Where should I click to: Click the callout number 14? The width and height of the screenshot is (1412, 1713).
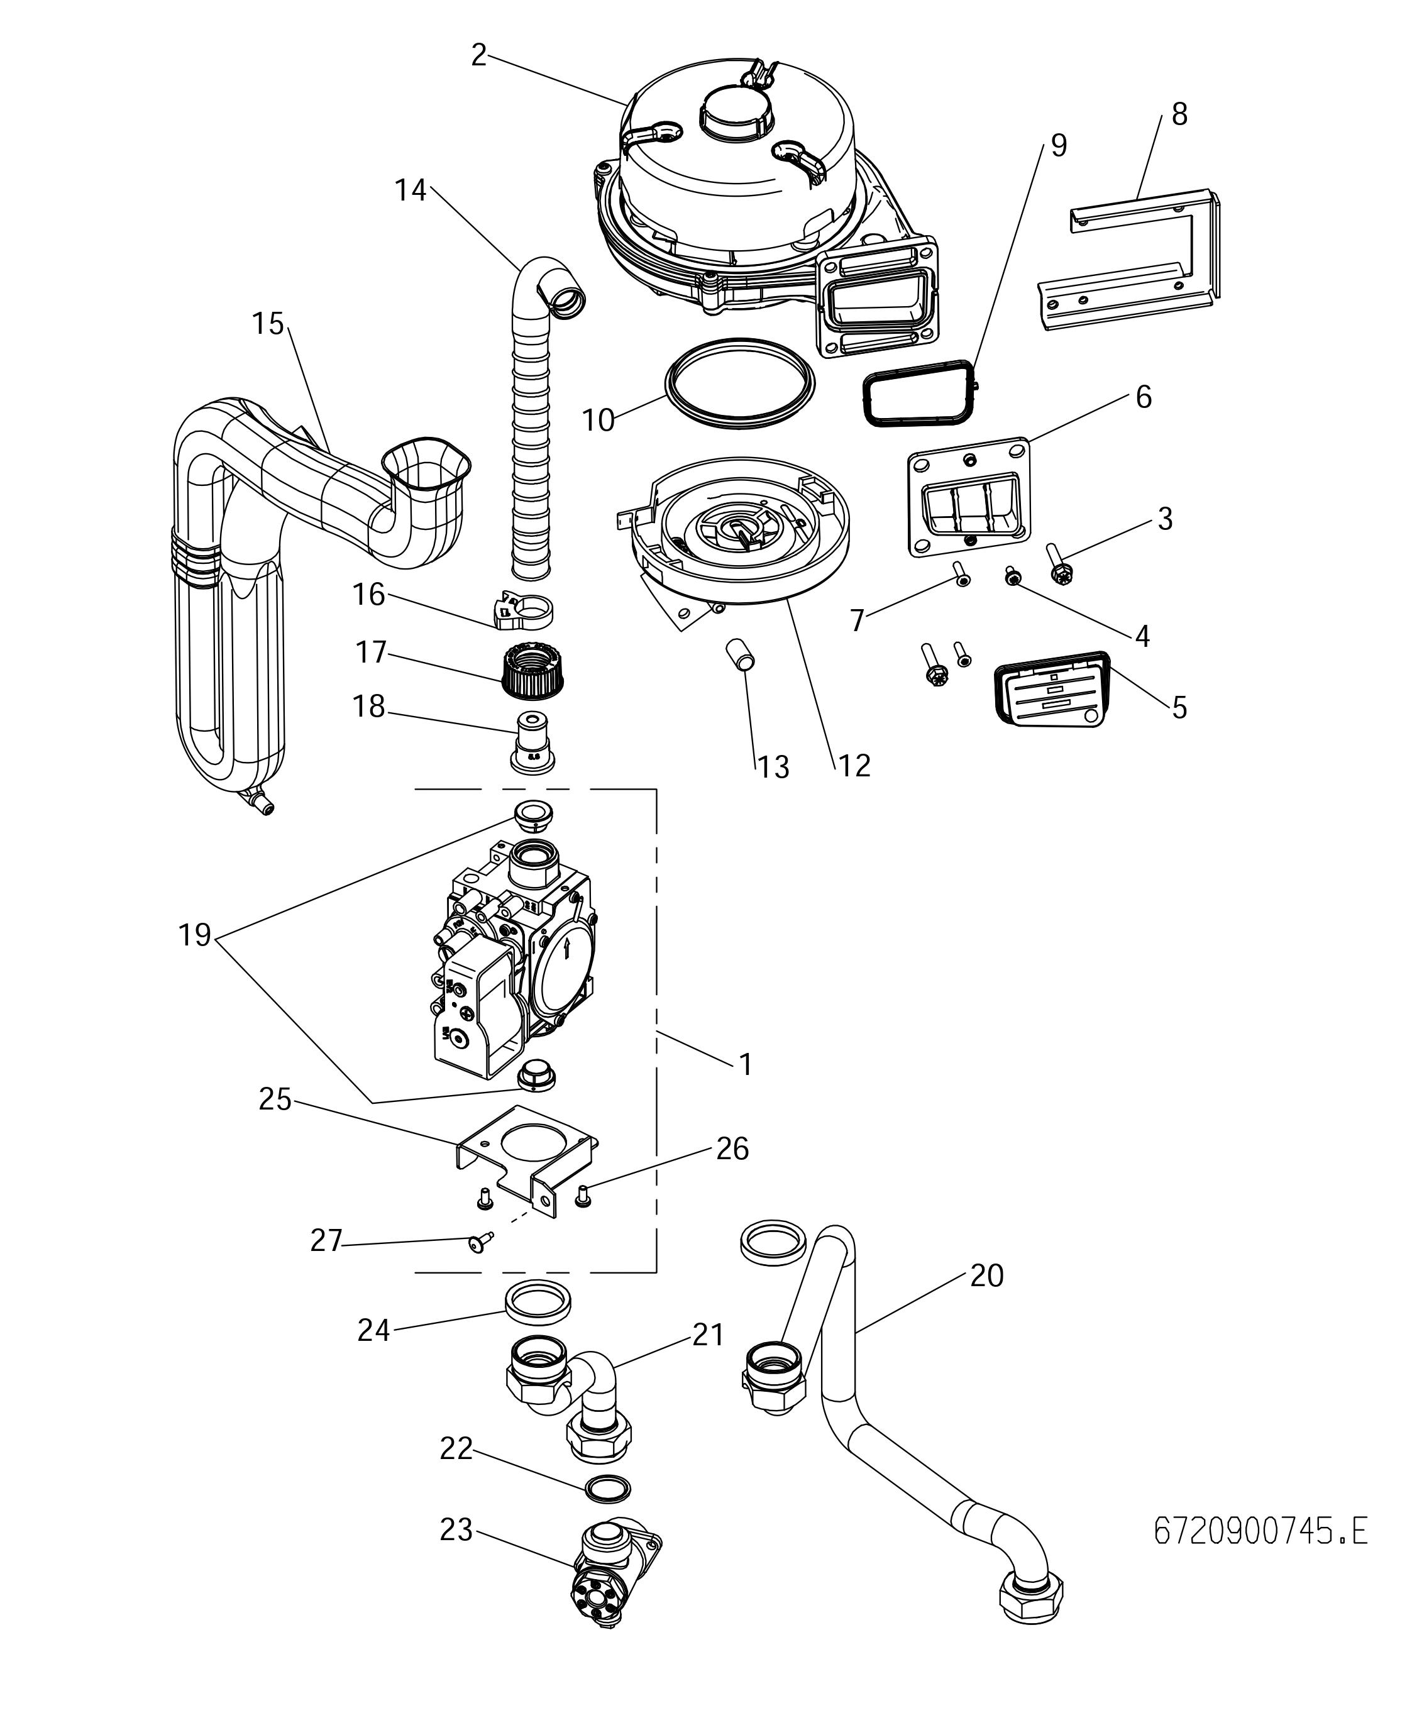(410, 190)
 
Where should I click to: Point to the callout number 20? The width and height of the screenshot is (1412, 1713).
(986, 1275)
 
